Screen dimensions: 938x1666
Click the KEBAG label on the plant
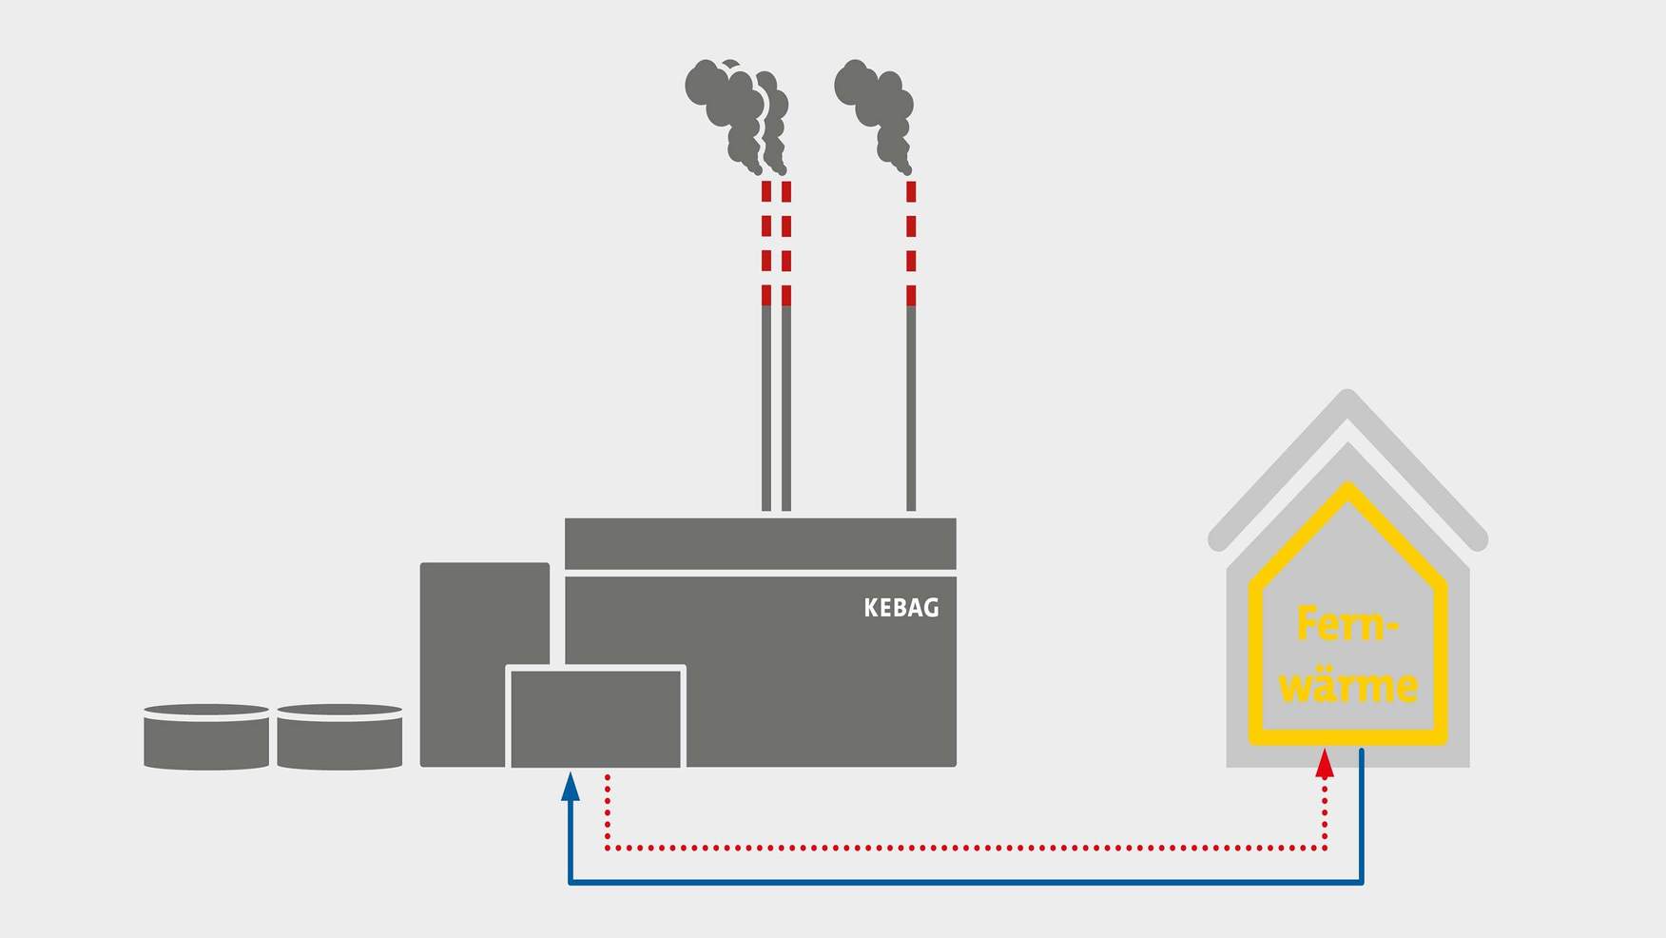pos(901,608)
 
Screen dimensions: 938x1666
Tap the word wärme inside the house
pos(1348,685)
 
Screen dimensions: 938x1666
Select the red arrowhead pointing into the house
pos(1325,764)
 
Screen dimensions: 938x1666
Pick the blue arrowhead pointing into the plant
pos(570,786)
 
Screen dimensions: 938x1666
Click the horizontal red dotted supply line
pos(965,847)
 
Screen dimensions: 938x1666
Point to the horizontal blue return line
pos(965,883)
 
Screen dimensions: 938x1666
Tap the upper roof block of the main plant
pos(760,543)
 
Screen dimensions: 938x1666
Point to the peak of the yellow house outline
pos(1347,489)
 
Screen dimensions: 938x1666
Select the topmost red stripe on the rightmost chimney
pos(911,191)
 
